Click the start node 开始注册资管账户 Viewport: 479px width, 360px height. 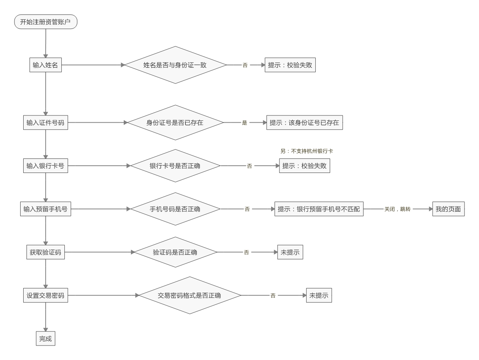(45, 22)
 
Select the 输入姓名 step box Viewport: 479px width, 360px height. (45, 65)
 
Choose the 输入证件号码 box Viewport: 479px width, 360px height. (45, 123)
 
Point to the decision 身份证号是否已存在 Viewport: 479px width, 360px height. (175, 123)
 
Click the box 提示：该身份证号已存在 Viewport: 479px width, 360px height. (304, 123)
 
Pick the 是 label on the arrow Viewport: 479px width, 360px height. (244, 123)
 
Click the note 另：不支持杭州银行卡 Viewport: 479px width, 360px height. (307, 151)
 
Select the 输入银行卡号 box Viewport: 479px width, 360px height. (45, 166)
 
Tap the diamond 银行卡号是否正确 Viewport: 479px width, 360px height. (175, 166)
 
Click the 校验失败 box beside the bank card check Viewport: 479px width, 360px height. (304, 166)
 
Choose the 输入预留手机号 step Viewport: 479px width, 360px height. (45, 209)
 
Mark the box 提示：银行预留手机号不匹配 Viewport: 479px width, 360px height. (319, 209)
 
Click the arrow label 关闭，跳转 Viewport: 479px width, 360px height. (397, 209)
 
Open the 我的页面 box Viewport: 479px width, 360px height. (448, 209)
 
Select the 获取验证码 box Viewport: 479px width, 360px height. (45, 252)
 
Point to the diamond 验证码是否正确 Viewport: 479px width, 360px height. (175, 252)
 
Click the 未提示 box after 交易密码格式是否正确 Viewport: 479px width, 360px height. (319, 295)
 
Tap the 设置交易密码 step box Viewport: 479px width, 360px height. (45, 295)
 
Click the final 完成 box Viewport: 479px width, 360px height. (45, 338)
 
